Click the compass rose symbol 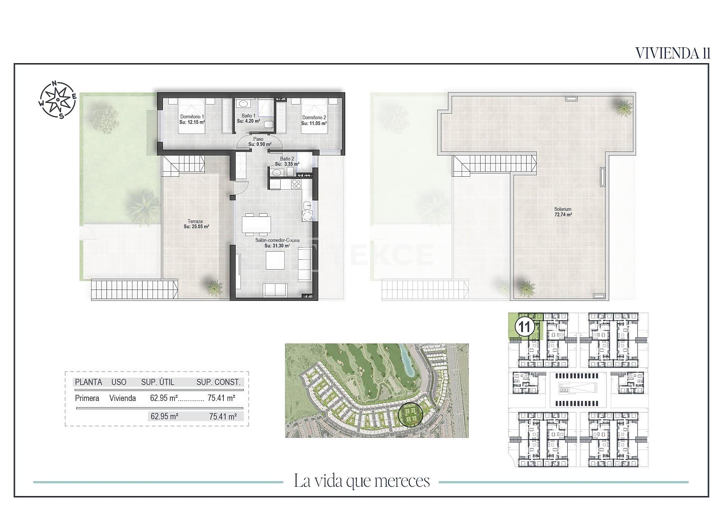coord(58,99)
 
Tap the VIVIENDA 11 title coord(673,53)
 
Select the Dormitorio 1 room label coord(192,119)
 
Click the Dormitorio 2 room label coord(314,120)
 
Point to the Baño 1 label coord(248,119)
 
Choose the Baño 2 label coord(287,161)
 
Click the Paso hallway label coord(259,142)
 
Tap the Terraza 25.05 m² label coord(196,224)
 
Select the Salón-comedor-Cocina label coord(277,243)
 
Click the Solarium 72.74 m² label coord(563,212)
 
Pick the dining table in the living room coord(256,224)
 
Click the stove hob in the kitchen coord(296,184)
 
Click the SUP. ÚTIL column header coord(157,382)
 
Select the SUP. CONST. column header coord(218,382)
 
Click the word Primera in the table coord(87,398)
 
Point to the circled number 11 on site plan coord(525,326)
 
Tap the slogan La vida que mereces coord(361,481)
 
